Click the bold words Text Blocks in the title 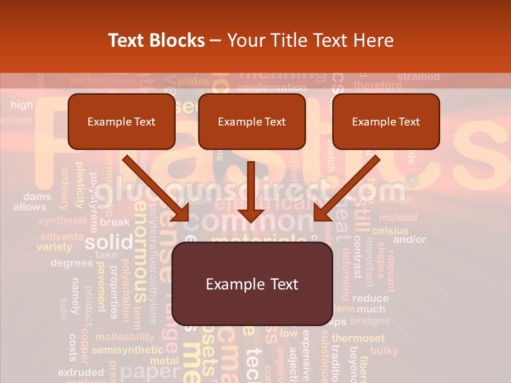coord(156,40)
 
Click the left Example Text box coord(121,122)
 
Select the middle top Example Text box coord(252,122)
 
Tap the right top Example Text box coord(386,122)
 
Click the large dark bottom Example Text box coord(252,284)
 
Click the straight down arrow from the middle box coord(251,191)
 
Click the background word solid coord(109,243)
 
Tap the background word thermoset coord(358,338)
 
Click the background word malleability coord(125,337)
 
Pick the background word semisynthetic coord(128,350)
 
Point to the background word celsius coord(390,231)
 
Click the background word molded coord(398,218)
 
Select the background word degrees coord(72,263)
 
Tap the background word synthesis coord(62,220)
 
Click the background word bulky coord(384,351)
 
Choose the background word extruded coord(81,372)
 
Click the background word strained coord(418,77)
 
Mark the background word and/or coord(410,240)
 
